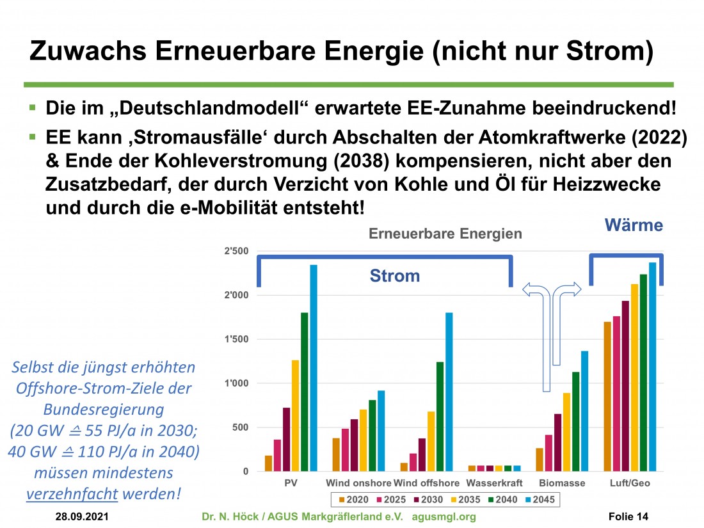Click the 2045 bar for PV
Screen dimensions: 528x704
tap(314, 368)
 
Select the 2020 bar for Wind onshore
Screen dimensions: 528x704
tap(335, 454)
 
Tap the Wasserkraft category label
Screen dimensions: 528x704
tap(494, 483)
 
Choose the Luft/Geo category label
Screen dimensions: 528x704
tap(629, 483)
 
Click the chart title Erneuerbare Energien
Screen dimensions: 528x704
tap(445, 234)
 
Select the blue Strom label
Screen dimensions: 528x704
tap(395, 276)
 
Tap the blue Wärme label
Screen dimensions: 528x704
tap(634, 225)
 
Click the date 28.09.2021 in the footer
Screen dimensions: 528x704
tap(81, 516)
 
